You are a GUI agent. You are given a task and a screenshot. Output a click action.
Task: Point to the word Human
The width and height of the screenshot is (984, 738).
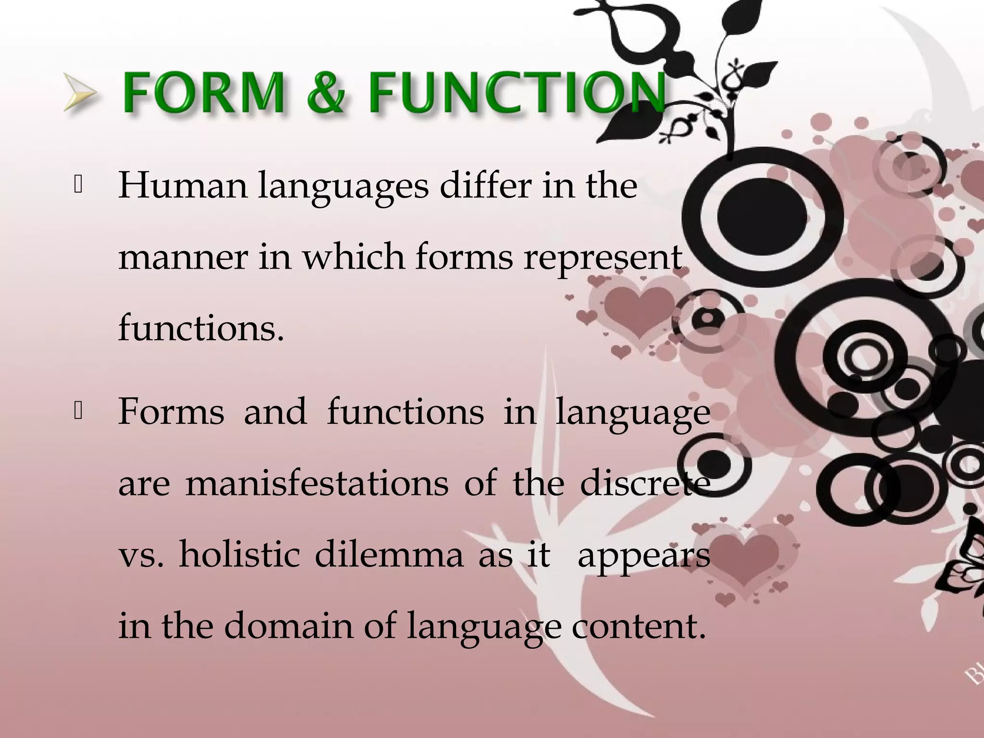point(183,185)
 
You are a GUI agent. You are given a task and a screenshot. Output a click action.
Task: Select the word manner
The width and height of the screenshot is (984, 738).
point(183,257)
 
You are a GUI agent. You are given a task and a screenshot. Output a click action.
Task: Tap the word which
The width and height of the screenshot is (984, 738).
point(354,257)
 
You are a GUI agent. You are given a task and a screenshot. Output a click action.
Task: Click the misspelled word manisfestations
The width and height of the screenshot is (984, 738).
point(317,483)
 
